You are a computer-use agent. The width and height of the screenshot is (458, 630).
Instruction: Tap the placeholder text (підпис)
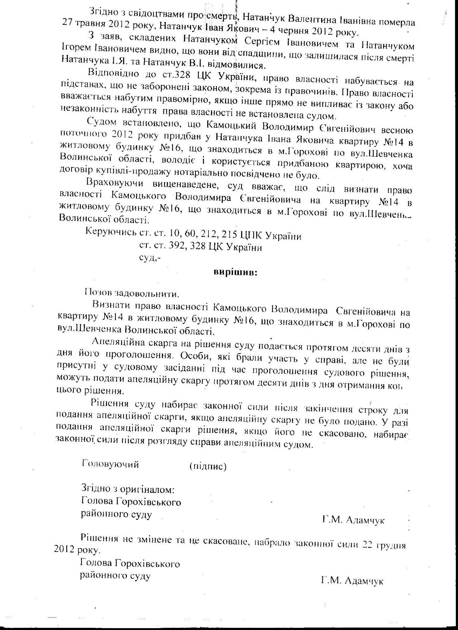tap(208, 467)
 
